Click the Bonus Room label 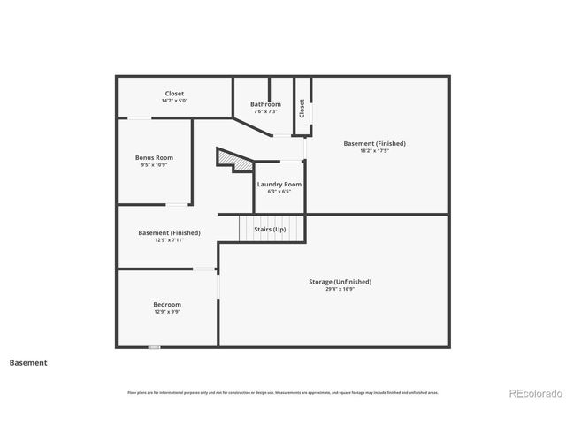click(153, 157)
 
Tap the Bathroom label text click(265, 104)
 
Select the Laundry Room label click(279, 184)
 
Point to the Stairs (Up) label click(270, 229)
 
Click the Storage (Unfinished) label click(340, 281)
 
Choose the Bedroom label click(167, 304)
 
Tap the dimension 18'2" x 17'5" click(375, 150)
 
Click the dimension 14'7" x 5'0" click(174, 101)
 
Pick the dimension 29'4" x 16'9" click(340, 289)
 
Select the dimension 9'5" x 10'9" click(153, 165)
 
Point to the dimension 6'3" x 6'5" click(279, 192)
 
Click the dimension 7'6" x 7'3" click(265, 111)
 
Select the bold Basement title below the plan click(28, 362)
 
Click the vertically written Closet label click(302, 109)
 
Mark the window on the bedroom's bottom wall click(155, 347)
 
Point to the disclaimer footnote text click(282, 392)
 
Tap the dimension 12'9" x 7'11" click(169, 240)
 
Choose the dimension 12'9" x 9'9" click(167, 312)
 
